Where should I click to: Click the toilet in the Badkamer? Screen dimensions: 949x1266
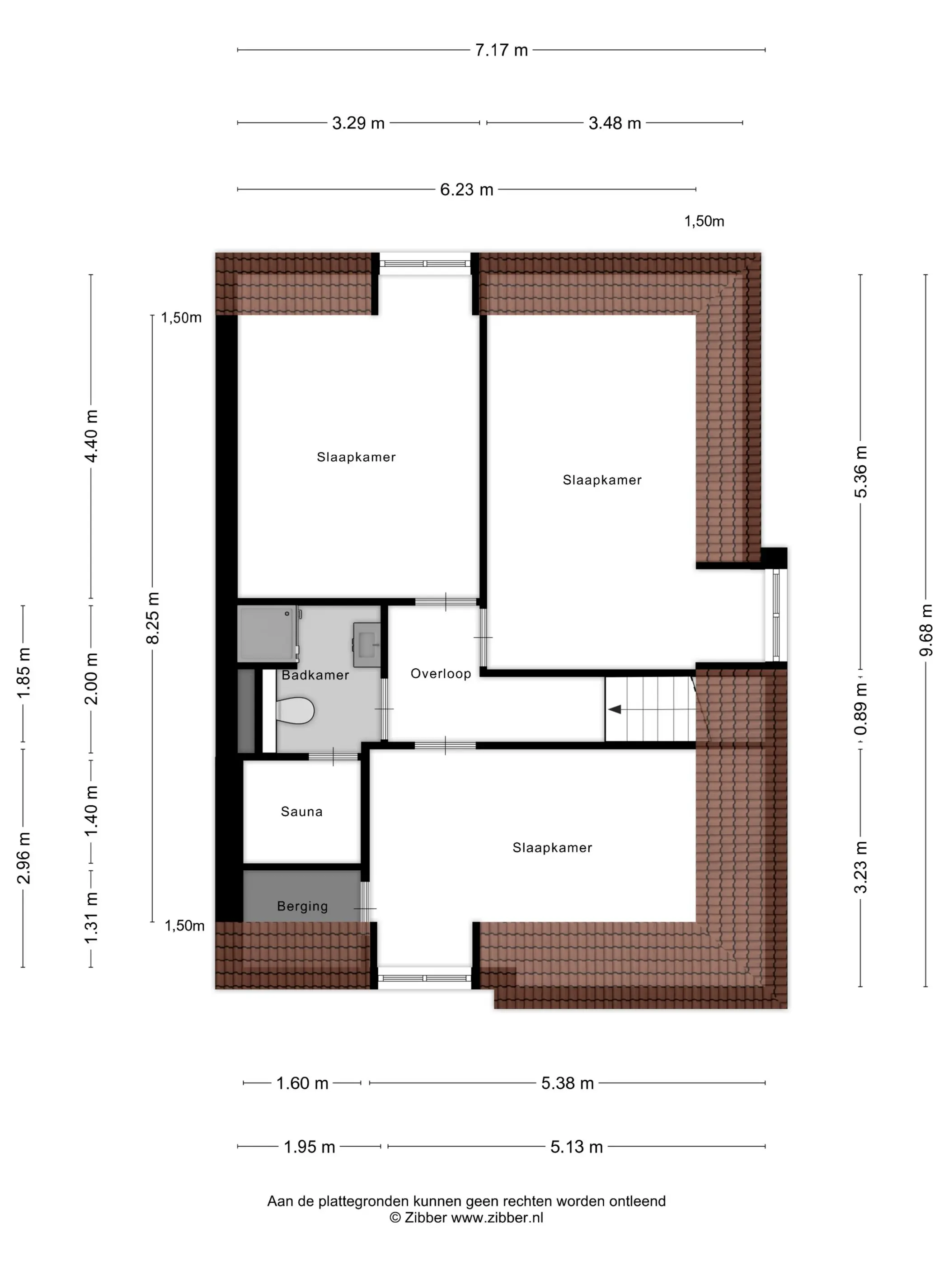(x=295, y=710)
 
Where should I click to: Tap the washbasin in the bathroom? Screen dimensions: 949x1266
(x=366, y=644)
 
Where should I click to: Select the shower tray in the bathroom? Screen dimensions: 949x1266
(x=267, y=633)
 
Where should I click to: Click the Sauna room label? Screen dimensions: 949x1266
(x=301, y=811)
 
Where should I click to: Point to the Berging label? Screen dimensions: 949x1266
(x=302, y=906)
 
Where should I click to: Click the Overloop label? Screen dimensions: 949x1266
(x=441, y=673)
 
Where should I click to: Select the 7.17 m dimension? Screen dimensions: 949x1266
(x=501, y=50)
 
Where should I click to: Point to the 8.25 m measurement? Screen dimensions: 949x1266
(x=153, y=618)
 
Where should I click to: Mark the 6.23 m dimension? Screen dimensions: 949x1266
(x=466, y=189)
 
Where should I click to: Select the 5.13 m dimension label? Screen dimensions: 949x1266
(x=577, y=1147)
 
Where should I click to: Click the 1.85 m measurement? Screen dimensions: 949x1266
(x=23, y=673)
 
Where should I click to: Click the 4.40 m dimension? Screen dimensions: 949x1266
(x=91, y=435)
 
